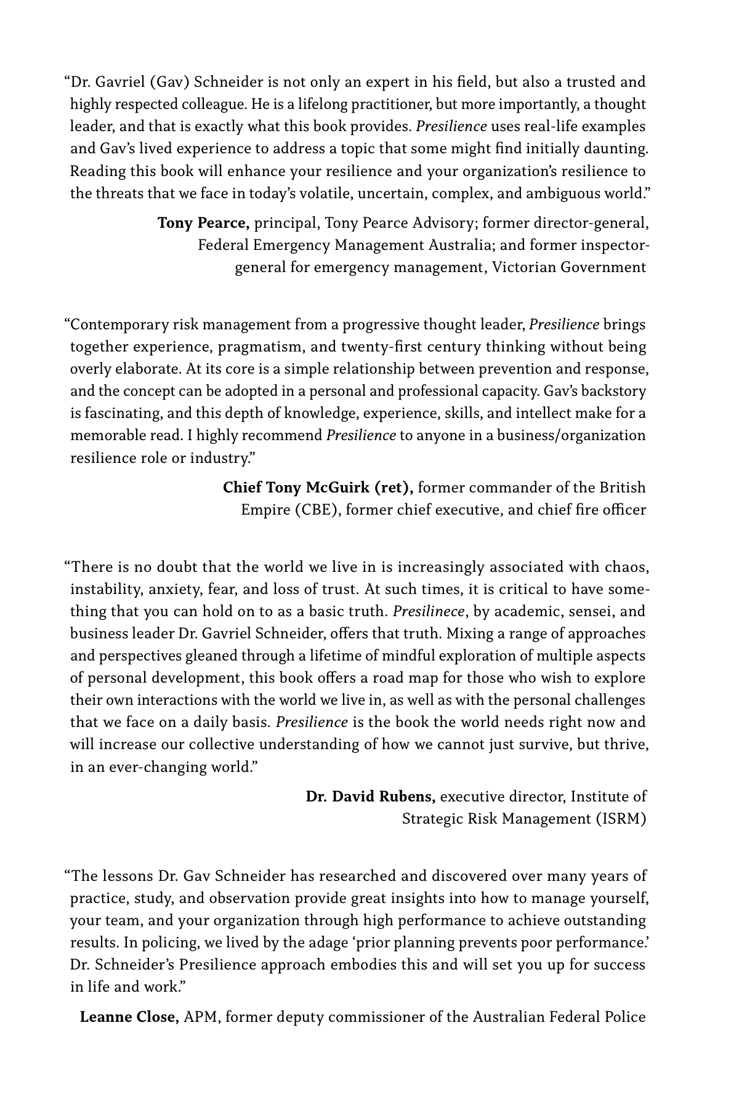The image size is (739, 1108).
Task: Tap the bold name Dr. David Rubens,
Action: [x=371, y=797]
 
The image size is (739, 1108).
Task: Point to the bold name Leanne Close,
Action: [x=129, y=1016]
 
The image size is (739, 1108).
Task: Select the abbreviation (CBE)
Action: [x=317, y=510]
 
